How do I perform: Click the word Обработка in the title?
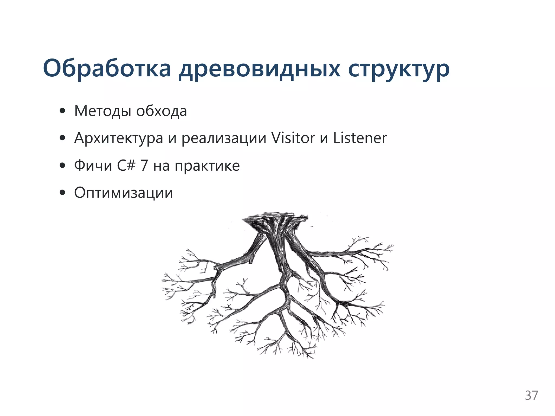click(107, 68)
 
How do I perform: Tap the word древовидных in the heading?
click(259, 69)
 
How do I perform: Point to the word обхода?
click(162, 111)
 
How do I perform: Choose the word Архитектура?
click(119, 138)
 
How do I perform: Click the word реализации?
click(224, 138)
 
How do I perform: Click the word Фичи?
click(93, 165)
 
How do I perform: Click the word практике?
click(207, 166)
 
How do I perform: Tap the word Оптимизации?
click(124, 193)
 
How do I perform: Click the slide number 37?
click(531, 395)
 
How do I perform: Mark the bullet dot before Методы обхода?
click(63, 111)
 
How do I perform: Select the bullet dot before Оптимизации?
click(63, 193)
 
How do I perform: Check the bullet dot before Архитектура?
click(63, 138)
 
